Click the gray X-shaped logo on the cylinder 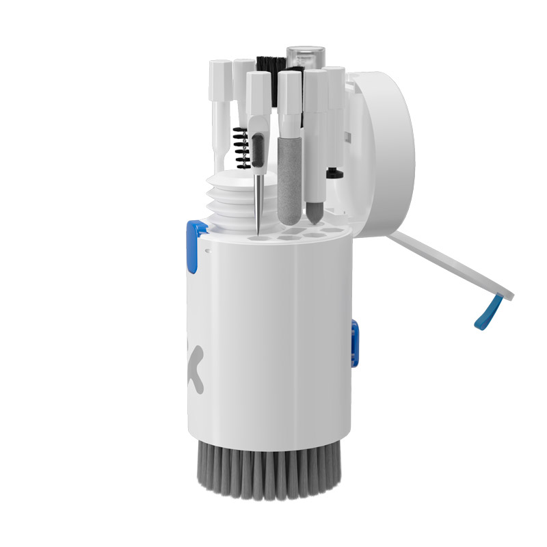click(195, 369)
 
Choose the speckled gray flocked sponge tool click(286, 178)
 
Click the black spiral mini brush click(240, 147)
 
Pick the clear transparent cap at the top click(303, 58)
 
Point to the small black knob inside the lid click(334, 172)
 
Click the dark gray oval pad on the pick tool click(257, 147)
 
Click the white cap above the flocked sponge click(289, 92)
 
